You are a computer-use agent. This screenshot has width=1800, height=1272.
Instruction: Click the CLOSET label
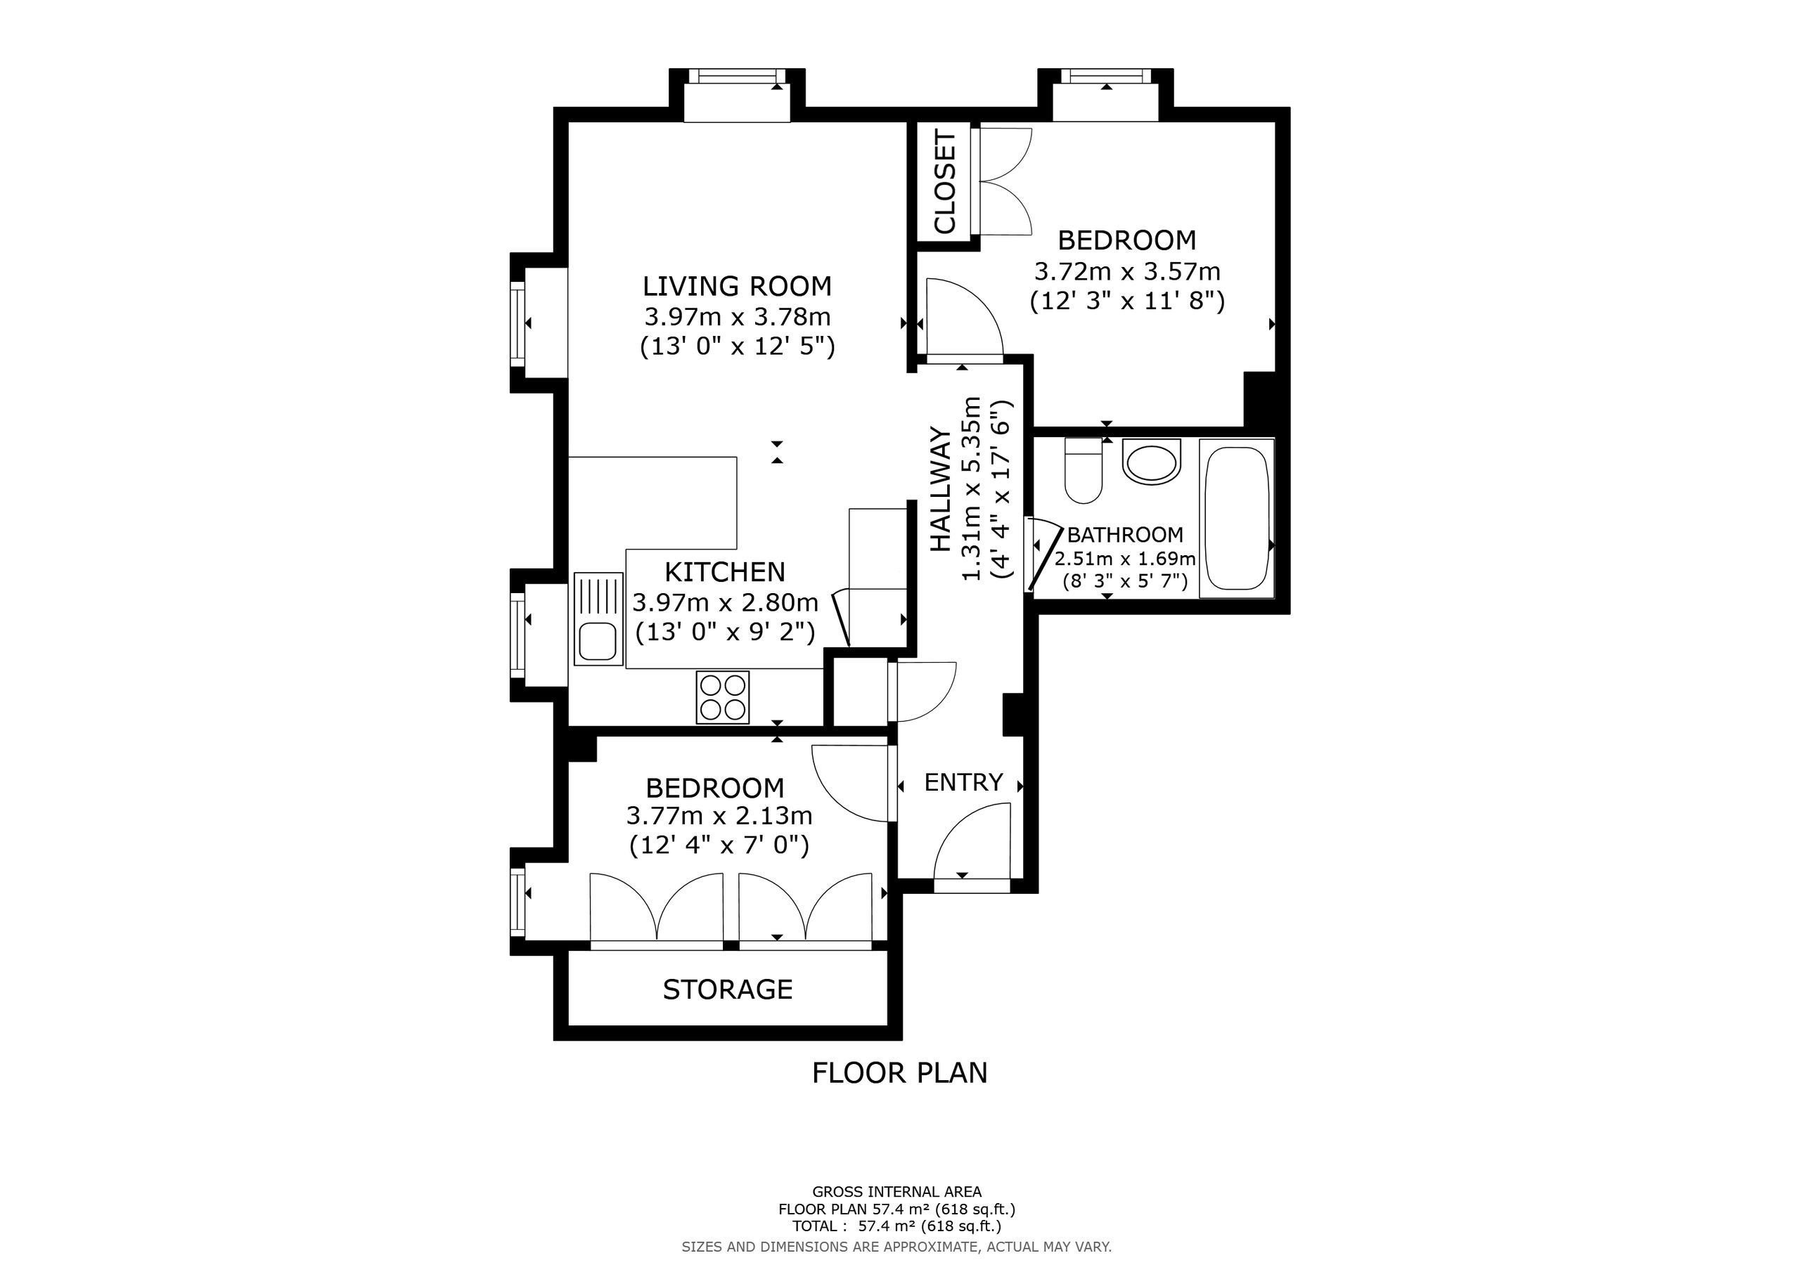946,183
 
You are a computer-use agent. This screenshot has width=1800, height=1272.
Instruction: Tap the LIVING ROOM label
737,286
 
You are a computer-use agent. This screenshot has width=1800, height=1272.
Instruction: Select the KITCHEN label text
724,572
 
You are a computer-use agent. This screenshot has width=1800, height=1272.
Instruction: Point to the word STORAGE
728,990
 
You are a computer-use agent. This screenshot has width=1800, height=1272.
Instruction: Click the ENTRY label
963,782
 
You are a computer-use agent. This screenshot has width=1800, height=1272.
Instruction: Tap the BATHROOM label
1125,536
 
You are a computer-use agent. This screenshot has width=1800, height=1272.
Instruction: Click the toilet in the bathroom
1084,470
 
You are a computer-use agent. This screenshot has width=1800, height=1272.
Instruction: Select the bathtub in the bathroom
1236,518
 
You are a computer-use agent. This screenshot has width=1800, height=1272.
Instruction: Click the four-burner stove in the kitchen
722,698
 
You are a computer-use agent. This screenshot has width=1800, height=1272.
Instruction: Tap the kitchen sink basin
598,642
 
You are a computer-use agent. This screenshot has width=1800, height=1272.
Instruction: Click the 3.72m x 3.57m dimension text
1127,272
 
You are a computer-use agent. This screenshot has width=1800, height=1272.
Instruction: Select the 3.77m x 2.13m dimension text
719,817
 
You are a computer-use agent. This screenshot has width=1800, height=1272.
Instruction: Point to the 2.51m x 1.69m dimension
1125,559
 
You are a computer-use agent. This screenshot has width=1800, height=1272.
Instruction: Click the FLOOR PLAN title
900,1073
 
